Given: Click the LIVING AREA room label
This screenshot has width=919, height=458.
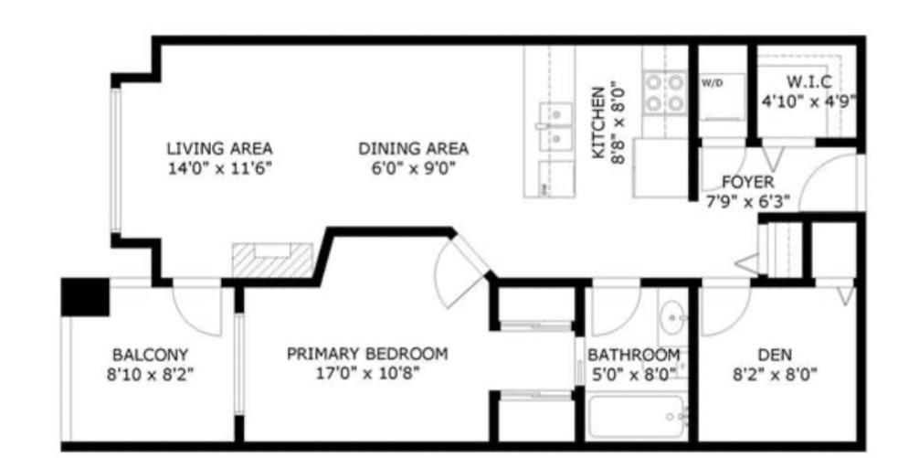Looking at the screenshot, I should pyautogui.click(x=219, y=148).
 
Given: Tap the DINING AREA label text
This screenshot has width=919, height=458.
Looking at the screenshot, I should pyautogui.click(x=413, y=148).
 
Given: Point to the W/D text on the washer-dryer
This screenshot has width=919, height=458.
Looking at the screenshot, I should pyautogui.click(x=712, y=82).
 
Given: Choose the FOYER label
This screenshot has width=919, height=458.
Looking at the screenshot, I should pyautogui.click(x=747, y=182).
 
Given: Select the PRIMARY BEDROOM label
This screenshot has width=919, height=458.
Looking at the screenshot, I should pyautogui.click(x=367, y=354).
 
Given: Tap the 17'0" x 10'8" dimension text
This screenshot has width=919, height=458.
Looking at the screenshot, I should pyautogui.click(x=367, y=373).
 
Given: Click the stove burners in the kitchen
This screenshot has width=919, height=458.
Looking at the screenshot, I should pyautogui.click(x=664, y=92).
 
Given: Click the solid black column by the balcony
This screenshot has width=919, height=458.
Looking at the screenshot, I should pyautogui.click(x=85, y=296).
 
